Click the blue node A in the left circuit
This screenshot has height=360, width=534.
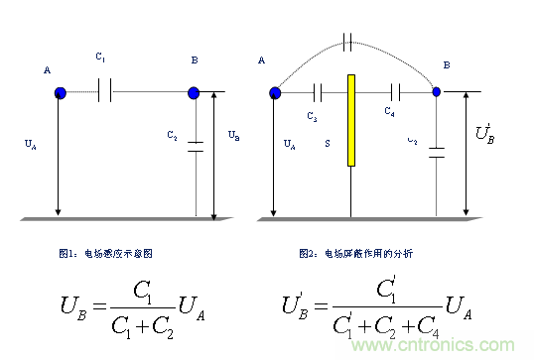(x=60, y=93)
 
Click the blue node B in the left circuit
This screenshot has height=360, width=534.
(x=194, y=93)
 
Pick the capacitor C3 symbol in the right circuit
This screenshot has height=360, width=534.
(x=318, y=92)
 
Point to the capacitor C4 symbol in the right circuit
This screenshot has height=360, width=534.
(x=395, y=92)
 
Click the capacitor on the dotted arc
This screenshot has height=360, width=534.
(x=346, y=42)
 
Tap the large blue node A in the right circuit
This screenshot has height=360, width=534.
(x=275, y=92)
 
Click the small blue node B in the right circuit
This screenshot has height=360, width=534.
(x=437, y=92)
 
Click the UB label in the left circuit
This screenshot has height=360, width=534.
(x=232, y=134)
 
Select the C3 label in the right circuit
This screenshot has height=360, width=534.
(x=312, y=117)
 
